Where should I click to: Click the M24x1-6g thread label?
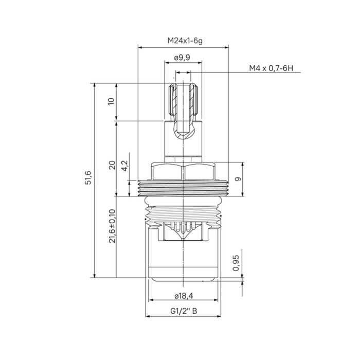point(185,41)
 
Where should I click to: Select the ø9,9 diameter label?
point(182,58)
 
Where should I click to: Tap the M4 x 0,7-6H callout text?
point(271,68)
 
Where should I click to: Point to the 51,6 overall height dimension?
point(88,177)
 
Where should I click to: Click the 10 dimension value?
point(111,101)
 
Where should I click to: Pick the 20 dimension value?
point(112,165)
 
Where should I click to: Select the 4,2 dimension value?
point(125,166)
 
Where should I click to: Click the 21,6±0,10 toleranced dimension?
point(112,226)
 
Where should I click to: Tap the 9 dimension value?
point(239,179)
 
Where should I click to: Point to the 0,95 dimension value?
point(236,263)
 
